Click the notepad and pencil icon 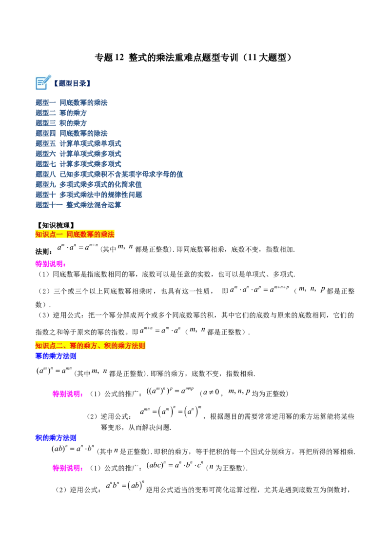(x=43, y=83)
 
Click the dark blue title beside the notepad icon (x=73, y=84)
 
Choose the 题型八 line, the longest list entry (x=110, y=174)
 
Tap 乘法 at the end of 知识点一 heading (x=107, y=235)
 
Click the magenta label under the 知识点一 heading (x=50, y=264)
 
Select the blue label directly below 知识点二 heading (x=56, y=356)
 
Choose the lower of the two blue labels (x=56, y=438)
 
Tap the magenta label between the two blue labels (x=67, y=394)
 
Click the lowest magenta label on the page (x=67, y=468)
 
